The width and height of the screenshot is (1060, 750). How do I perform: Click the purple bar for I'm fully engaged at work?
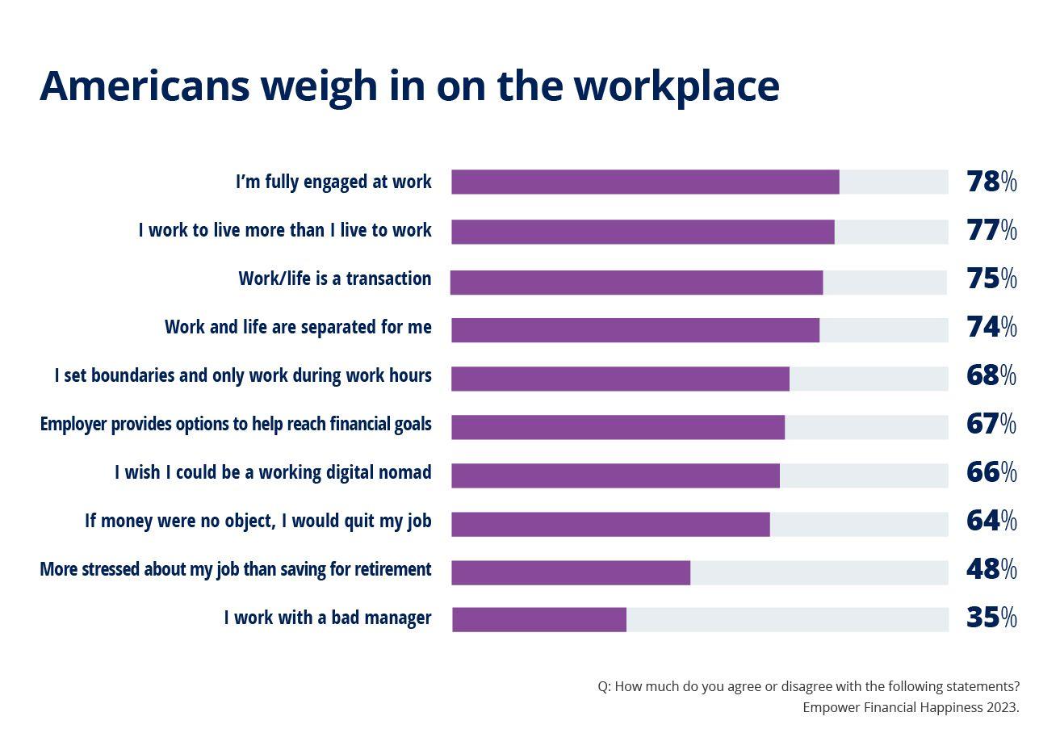click(645, 182)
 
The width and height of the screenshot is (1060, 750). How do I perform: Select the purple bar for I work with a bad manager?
click(539, 619)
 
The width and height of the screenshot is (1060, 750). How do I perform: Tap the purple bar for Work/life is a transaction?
click(636, 283)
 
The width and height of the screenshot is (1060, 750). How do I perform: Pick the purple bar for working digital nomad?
click(615, 476)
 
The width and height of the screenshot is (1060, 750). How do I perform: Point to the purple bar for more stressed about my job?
click(571, 572)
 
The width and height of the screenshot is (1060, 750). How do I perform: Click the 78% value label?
click(991, 182)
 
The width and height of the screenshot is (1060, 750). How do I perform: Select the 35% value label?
click(991, 618)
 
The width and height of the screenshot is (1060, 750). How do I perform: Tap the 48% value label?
click(991, 569)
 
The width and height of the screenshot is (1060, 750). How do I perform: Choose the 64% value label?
click(991, 521)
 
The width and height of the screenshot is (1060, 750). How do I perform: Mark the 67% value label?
click(991, 424)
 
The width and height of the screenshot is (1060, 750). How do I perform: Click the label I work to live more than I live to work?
click(285, 230)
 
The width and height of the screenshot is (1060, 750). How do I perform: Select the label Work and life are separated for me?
click(298, 327)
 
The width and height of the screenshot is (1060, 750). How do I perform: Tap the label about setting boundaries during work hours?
click(243, 375)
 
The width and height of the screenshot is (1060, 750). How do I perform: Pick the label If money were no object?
click(258, 521)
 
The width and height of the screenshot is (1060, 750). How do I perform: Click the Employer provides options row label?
click(236, 424)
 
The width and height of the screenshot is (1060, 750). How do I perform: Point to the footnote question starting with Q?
click(808, 686)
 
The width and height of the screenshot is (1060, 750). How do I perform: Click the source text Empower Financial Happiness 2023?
click(911, 707)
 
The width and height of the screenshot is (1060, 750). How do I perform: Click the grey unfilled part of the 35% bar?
click(787, 619)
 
